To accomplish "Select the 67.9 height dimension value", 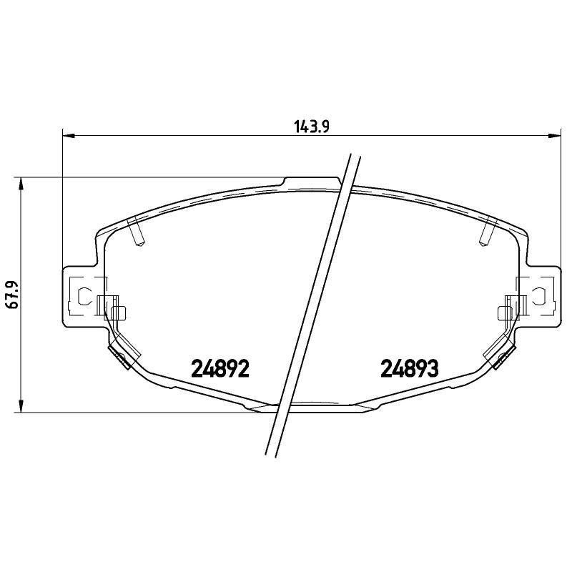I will point(11,295).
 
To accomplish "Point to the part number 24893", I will point(409,369).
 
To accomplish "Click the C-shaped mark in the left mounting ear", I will point(83,295).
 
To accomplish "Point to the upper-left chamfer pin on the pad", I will point(136,232).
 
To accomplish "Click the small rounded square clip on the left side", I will point(119,312).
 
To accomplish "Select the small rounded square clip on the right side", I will point(503,312).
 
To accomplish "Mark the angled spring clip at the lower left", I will point(117,354).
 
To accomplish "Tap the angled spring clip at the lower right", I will point(504,354).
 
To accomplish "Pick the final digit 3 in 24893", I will point(431,369).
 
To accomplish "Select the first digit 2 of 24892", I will point(197,369).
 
